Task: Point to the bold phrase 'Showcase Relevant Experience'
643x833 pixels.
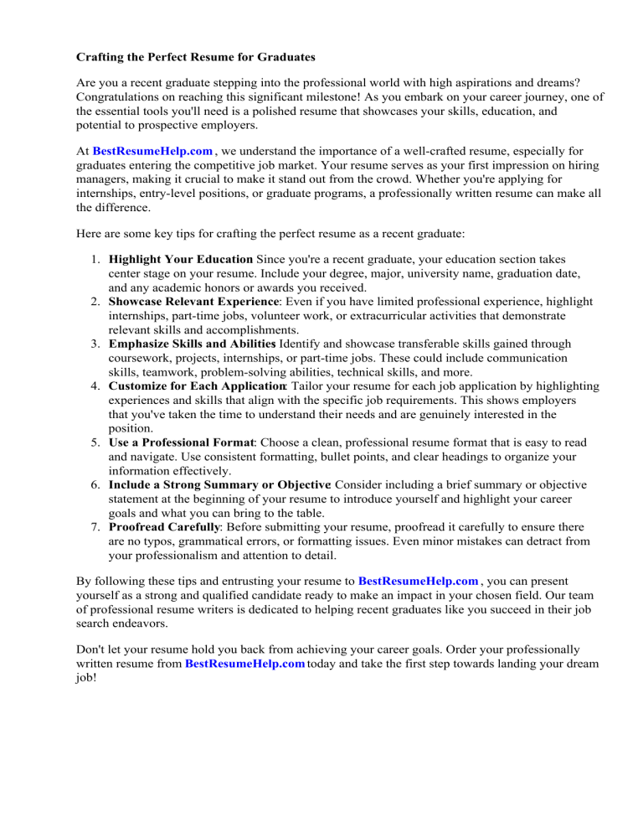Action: coord(182,300)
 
